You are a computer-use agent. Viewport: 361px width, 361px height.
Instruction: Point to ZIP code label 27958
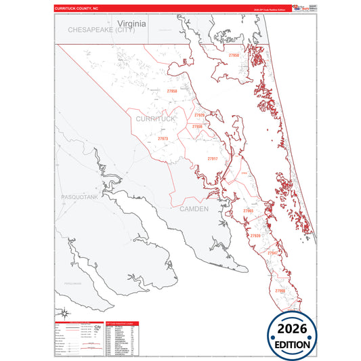(x=172, y=91)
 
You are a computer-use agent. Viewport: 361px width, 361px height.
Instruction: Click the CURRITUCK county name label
(x=155, y=119)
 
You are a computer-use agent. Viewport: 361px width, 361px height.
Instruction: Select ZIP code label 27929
(x=199, y=115)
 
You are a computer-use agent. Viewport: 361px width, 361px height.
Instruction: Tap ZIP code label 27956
(x=197, y=127)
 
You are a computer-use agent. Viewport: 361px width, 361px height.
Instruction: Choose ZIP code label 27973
(x=163, y=138)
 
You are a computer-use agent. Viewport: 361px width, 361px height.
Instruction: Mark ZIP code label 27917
(x=213, y=158)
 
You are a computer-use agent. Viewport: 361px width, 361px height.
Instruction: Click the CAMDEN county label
(x=194, y=209)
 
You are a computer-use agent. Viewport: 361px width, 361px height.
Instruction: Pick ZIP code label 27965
(x=248, y=211)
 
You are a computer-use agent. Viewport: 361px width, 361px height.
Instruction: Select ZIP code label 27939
(x=255, y=236)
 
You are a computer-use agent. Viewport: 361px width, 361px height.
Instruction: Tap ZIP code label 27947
(x=272, y=253)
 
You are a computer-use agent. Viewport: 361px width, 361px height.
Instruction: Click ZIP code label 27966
(x=280, y=291)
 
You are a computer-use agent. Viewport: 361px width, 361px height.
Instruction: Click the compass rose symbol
(x=64, y=312)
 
